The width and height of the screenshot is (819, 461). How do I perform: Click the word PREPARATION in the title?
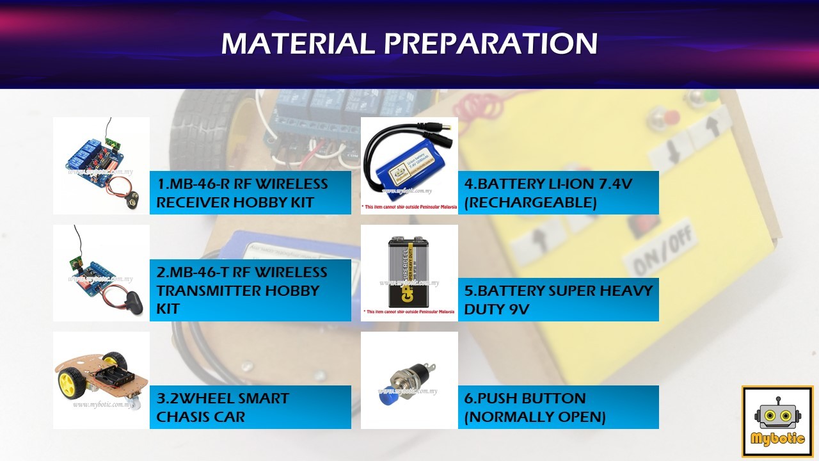(x=491, y=44)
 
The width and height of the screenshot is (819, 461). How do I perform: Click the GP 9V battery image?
(x=409, y=271)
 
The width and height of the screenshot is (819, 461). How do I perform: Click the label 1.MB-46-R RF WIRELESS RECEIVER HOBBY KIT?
(x=243, y=193)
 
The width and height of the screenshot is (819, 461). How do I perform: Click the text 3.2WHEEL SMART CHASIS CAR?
(x=223, y=407)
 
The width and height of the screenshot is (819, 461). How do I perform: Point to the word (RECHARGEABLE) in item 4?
(x=530, y=203)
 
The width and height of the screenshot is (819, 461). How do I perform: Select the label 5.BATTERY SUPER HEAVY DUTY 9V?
(x=558, y=300)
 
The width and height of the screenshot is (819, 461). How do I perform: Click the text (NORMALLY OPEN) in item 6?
(x=535, y=417)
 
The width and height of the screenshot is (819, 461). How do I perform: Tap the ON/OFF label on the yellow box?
(x=660, y=254)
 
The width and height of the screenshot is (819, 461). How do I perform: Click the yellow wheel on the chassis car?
(x=67, y=382)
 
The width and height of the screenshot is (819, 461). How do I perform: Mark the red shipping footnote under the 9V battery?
(x=409, y=314)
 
